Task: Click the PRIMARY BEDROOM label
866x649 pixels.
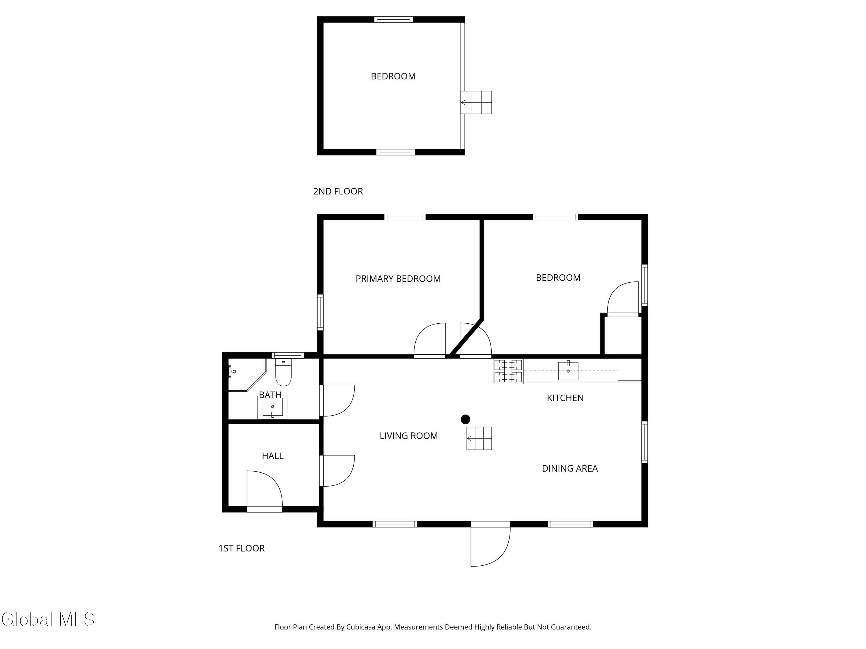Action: [398, 279]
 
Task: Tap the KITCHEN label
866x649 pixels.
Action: [565, 398]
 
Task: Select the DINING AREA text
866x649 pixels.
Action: [569, 468]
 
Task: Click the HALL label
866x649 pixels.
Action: [273, 456]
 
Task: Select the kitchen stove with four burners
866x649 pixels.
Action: [508, 371]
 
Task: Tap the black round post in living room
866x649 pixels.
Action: [465, 419]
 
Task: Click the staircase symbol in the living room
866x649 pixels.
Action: [479, 438]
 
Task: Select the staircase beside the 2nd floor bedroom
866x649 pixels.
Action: [476, 102]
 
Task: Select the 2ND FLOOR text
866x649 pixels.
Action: [338, 191]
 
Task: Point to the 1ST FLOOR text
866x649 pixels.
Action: [242, 548]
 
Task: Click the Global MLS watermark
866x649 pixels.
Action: [48, 619]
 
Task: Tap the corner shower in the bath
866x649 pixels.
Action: [245, 374]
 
